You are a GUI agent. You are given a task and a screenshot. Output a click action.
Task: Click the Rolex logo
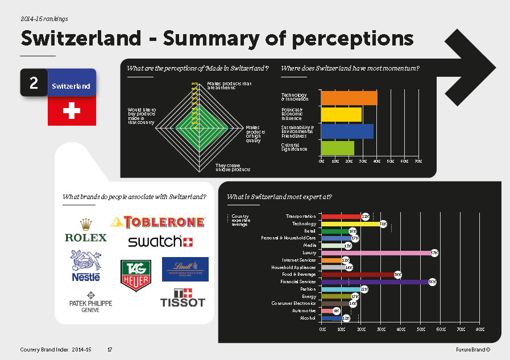tap(86, 230)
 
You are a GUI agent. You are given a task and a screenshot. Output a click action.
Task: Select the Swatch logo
tap(160, 242)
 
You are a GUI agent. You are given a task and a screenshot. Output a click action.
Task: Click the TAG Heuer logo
tap(135, 275)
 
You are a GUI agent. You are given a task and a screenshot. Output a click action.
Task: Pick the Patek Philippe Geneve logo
tap(90, 306)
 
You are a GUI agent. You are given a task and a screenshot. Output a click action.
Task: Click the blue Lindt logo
tap(185, 269)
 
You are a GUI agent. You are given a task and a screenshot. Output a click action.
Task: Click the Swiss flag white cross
tap(71, 111)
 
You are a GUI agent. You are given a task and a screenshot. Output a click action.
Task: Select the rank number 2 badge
tap(34, 84)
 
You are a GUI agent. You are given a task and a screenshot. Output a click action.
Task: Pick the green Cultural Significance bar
tap(338, 148)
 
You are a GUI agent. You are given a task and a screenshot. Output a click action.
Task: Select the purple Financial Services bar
tap(375, 282)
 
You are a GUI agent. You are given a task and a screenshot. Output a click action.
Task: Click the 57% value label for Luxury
tap(434, 253)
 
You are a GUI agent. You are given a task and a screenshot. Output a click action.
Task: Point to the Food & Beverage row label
tap(299, 275)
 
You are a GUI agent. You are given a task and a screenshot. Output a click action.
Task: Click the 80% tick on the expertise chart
tap(480, 330)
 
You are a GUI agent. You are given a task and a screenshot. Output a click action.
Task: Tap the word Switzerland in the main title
tap(80, 39)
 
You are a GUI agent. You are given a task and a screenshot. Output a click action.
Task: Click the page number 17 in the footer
tap(110, 349)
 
